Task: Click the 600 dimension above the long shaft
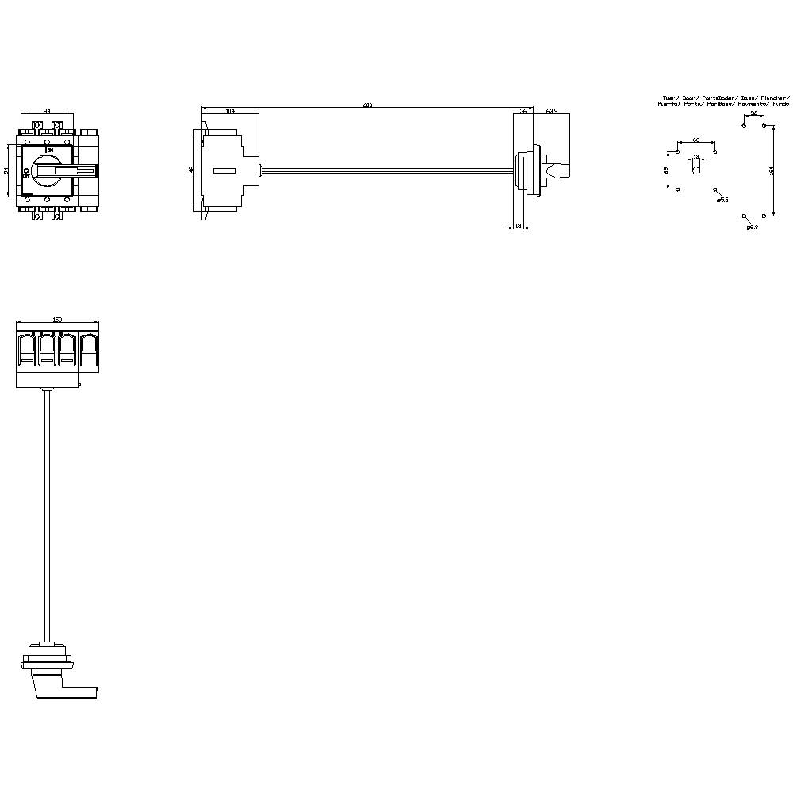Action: pyautogui.click(x=367, y=105)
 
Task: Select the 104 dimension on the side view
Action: pyautogui.click(x=230, y=112)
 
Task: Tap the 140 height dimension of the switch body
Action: pyautogui.click(x=191, y=170)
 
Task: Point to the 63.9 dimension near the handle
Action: pyautogui.click(x=553, y=112)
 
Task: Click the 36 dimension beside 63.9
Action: pyautogui.click(x=523, y=112)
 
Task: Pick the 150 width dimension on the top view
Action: pyautogui.click(x=56, y=319)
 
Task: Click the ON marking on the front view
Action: pyautogui.click(x=49, y=150)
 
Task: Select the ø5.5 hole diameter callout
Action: pyautogui.click(x=722, y=201)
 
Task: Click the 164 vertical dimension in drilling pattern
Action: pyautogui.click(x=771, y=170)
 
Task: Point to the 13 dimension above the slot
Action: pyautogui.click(x=696, y=157)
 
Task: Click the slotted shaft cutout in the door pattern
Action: pyautogui.click(x=696, y=170)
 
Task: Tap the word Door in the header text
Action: pyautogui.click(x=689, y=98)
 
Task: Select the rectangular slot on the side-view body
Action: pyautogui.click(x=224, y=170)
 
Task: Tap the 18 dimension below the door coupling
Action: pyautogui.click(x=519, y=226)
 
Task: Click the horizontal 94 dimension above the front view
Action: pyautogui.click(x=47, y=112)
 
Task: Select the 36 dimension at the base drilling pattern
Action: pyautogui.click(x=753, y=113)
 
